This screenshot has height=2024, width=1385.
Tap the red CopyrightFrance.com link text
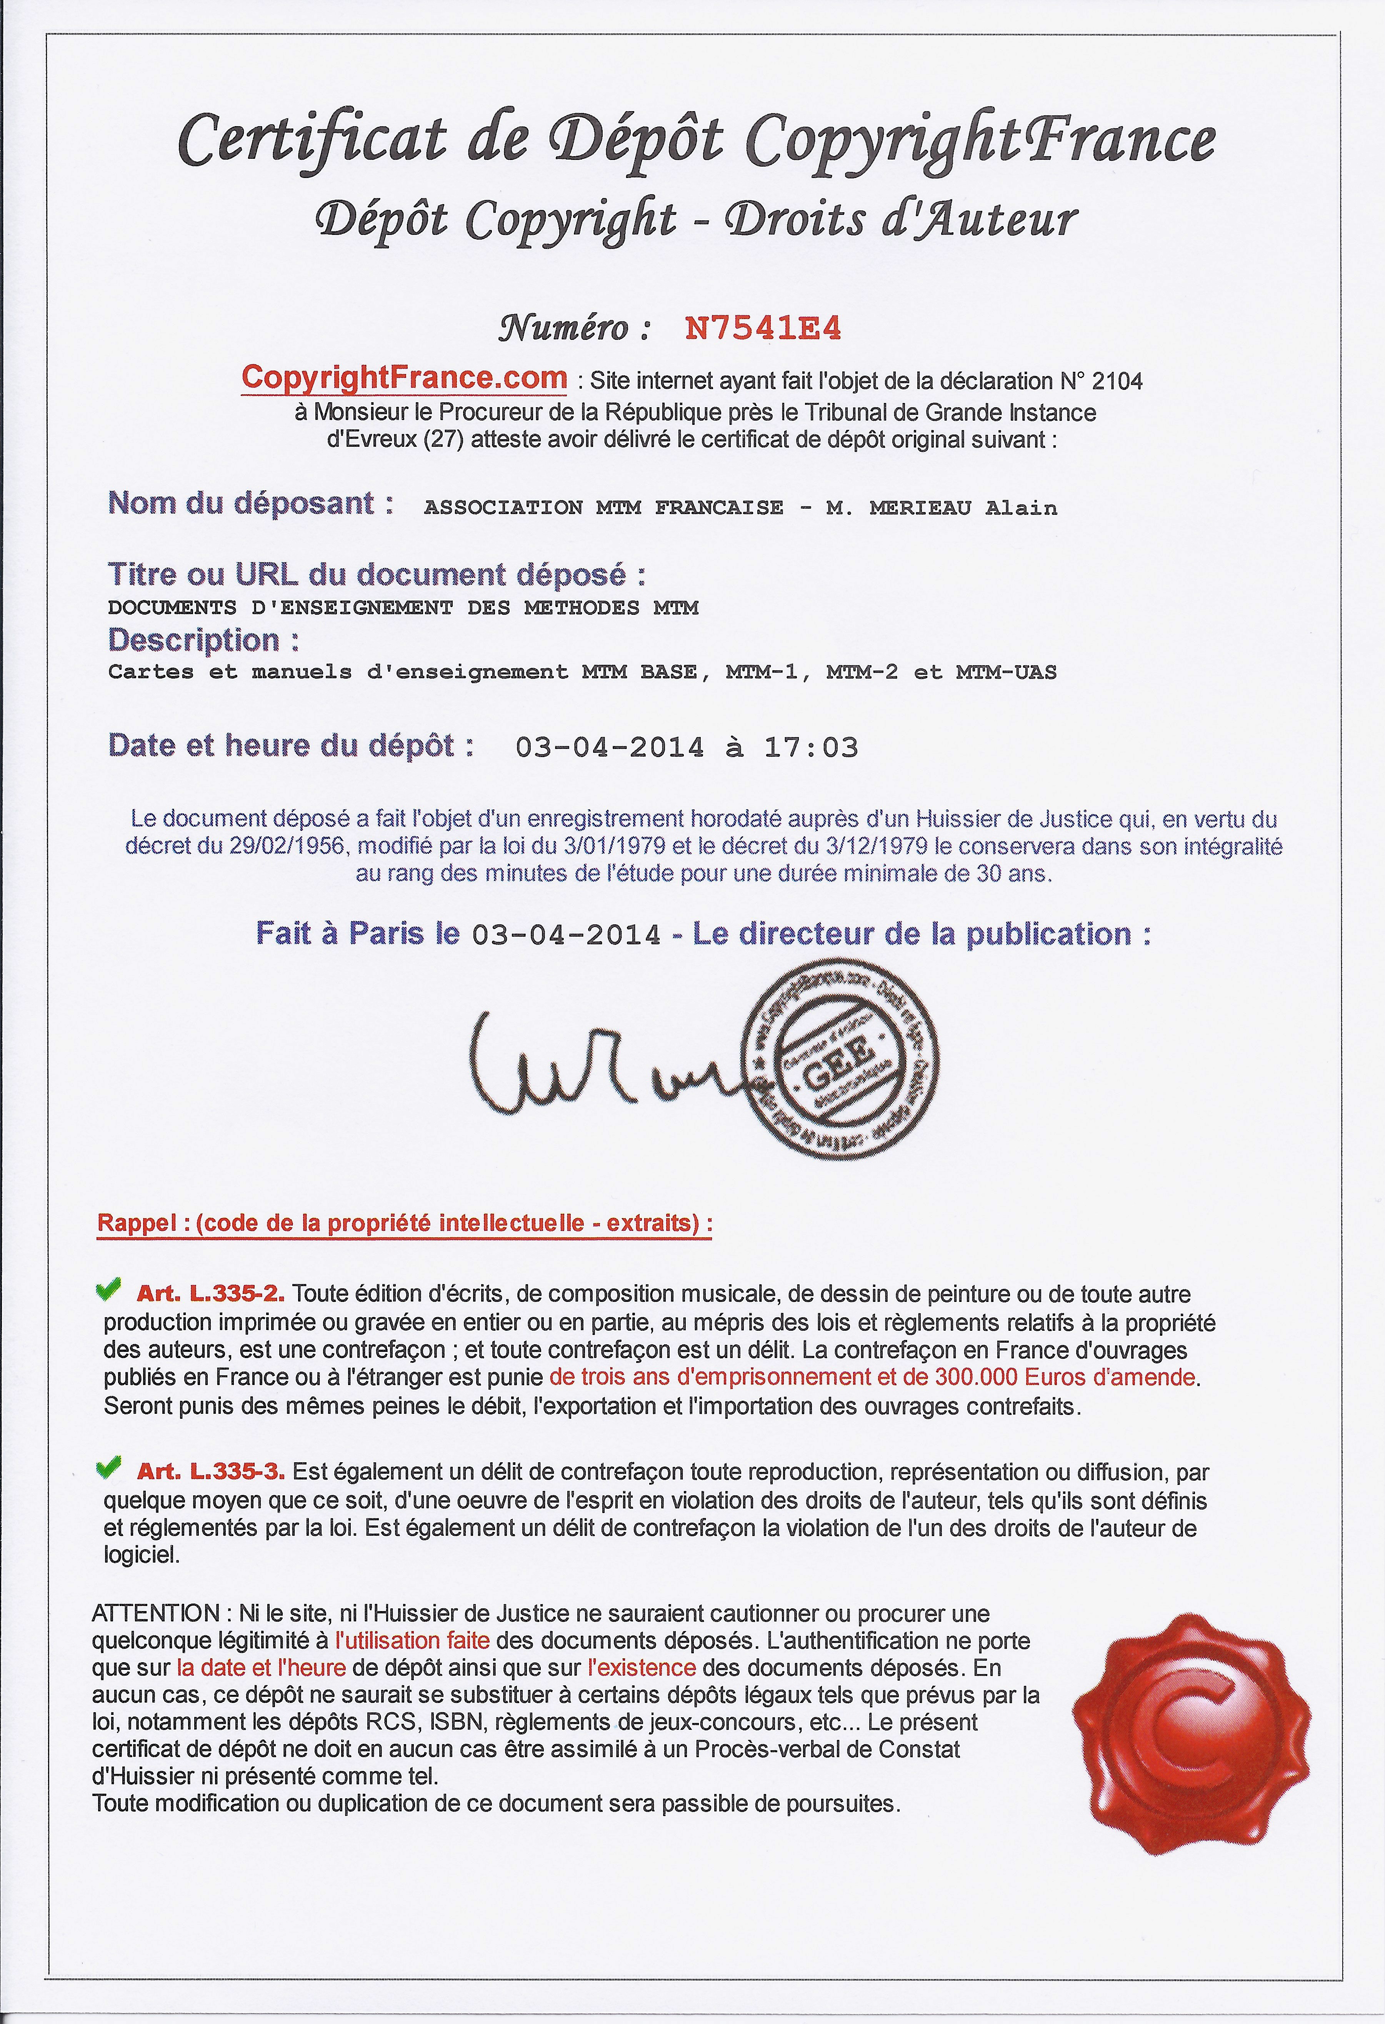click(404, 378)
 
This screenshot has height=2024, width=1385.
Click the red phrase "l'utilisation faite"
click(412, 1641)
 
